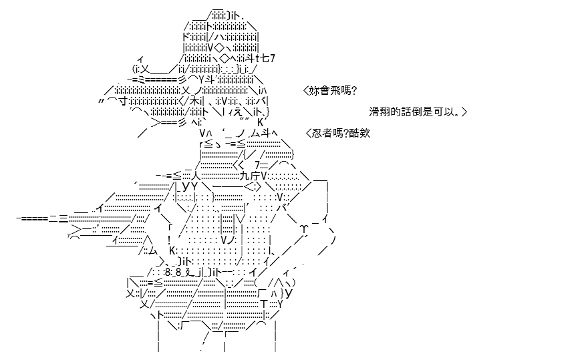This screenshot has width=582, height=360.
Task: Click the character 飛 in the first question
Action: tap(335, 91)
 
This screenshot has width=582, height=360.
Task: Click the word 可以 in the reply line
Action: tap(444, 112)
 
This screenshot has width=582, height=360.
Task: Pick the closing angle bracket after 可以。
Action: tap(464, 112)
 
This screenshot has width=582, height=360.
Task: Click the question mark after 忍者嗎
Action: tap(346, 133)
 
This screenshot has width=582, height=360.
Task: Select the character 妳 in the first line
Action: tap(314, 91)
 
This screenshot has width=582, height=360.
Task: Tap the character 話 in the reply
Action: tap(406, 112)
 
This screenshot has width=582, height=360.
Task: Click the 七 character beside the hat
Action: tap(266, 58)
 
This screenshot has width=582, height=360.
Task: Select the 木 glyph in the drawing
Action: tap(194, 101)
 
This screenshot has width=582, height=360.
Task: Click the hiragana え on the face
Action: tap(239, 112)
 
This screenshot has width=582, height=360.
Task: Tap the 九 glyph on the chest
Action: tap(245, 176)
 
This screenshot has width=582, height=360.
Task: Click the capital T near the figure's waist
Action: tap(264, 305)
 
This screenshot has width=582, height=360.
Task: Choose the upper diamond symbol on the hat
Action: tap(219, 48)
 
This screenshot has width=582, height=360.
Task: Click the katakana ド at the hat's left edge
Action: tap(186, 37)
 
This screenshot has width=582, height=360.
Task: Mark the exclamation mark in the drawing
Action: tap(169, 239)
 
